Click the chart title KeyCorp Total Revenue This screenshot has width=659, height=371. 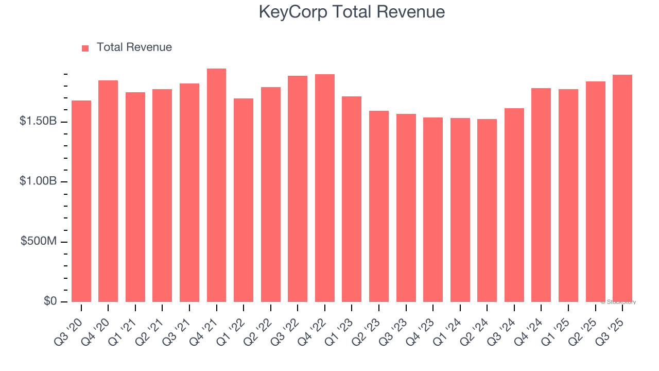point(352,12)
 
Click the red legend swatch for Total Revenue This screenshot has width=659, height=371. point(85,48)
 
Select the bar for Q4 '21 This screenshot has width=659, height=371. point(216,185)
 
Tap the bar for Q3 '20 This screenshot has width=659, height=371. point(81,201)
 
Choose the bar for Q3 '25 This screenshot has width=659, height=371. point(622,189)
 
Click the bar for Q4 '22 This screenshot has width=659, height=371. point(325,188)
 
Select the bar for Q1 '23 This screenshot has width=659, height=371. point(352,199)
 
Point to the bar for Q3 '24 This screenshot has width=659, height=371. point(514,205)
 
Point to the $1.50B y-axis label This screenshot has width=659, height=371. point(38,121)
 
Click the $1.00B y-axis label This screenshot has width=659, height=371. point(38,181)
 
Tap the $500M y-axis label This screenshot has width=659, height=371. point(39,241)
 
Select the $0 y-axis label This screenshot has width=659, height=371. point(50,301)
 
